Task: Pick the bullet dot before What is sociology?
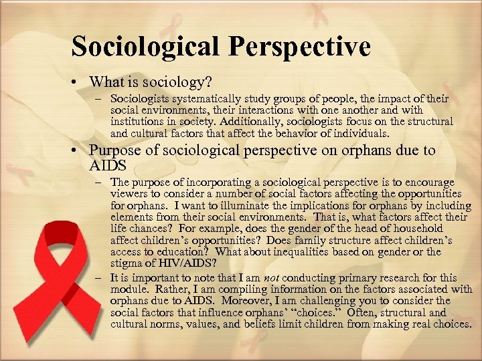78,84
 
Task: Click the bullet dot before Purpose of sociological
78,151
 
